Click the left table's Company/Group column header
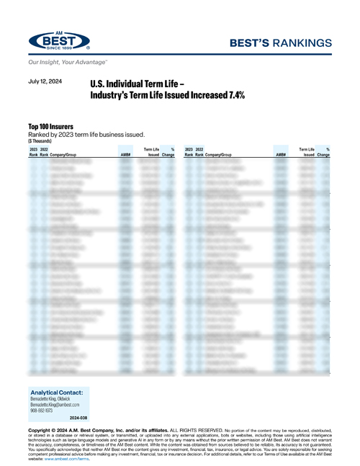[66, 155]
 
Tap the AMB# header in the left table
[125, 155]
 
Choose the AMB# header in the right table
[280, 155]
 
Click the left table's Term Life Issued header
[150, 152]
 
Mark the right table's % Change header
[323, 152]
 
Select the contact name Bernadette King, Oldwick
[58, 398]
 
